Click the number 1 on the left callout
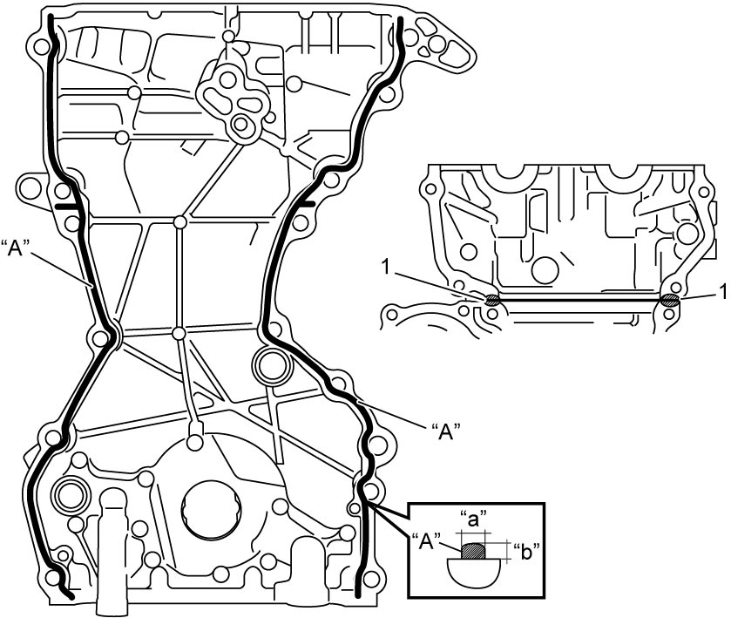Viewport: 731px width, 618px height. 385,268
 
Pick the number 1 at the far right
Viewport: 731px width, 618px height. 722,293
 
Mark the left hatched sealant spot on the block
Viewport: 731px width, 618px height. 491,300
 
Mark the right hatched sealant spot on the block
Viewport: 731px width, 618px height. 670,300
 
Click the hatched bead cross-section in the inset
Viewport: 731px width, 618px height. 473,550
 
